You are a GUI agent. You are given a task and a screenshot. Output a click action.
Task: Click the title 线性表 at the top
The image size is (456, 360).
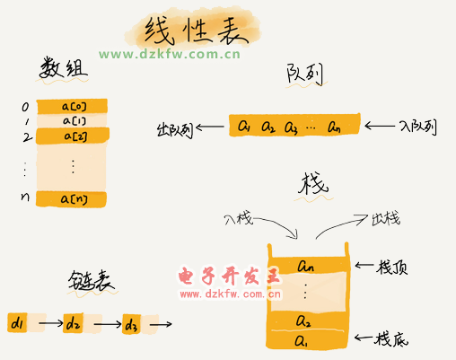point(196,30)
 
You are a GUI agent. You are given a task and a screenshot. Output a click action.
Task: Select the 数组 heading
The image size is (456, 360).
point(64,68)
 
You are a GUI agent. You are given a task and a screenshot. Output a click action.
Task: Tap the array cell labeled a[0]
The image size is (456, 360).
point(72,106)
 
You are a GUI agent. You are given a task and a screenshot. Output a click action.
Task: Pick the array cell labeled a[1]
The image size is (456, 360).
point(72,120)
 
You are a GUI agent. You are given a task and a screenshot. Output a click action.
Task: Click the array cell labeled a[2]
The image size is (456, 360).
point(73,136)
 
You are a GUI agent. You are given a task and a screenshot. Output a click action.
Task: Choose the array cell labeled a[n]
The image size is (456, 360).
point(71,199)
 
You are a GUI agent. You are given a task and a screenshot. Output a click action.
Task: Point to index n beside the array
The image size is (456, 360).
point(25,197)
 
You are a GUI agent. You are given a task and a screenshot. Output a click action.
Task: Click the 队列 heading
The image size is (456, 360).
point(304,74)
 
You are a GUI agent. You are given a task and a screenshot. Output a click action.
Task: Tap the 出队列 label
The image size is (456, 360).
point(175,130)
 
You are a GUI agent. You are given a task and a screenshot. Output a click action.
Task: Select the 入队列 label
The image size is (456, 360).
point(418,127)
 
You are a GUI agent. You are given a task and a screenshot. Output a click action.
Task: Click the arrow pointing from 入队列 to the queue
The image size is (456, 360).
point(380,126)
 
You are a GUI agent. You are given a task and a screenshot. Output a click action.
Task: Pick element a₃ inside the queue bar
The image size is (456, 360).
point(291,127)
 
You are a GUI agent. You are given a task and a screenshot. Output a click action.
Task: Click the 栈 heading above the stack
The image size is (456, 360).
point(313,183)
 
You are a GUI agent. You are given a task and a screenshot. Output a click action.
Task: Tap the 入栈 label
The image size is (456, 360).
point(239,219)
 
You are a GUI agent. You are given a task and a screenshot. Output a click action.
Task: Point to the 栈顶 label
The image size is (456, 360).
point(392,267)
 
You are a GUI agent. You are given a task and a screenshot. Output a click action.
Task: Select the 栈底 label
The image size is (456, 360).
point(390,339)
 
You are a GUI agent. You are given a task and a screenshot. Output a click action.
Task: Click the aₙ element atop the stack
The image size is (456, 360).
point(305,266)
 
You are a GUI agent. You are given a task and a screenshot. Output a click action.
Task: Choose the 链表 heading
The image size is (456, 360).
point(91,281)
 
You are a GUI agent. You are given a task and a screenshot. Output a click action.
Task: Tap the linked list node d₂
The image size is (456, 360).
point(73,323)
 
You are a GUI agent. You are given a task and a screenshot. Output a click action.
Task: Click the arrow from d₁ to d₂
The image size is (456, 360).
point(51,323)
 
